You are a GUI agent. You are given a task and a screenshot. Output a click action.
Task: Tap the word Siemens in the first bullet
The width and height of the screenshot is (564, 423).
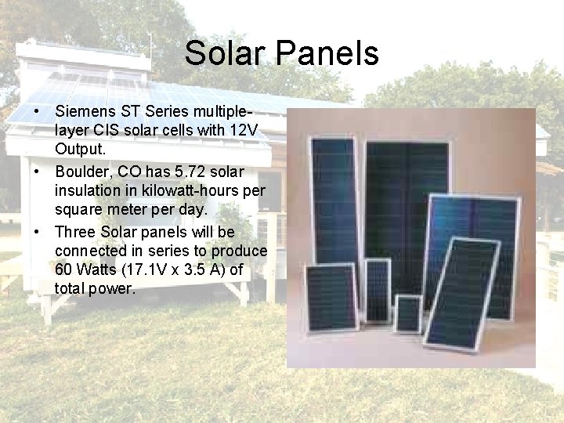point(84,110)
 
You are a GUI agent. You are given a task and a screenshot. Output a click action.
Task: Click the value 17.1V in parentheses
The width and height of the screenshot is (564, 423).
point(157,270)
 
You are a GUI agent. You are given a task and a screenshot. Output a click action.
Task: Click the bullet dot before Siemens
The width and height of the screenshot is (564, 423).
point(38,110)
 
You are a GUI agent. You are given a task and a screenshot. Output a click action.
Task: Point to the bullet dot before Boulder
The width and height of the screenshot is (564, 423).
point(38,172)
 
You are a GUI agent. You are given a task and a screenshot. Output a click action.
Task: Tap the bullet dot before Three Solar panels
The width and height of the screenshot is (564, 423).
point(38,233)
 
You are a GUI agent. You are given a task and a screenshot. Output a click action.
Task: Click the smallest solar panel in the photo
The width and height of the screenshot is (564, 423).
point(407,313)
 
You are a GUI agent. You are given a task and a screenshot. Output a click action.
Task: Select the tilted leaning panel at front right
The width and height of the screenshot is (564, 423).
point(461,294)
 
